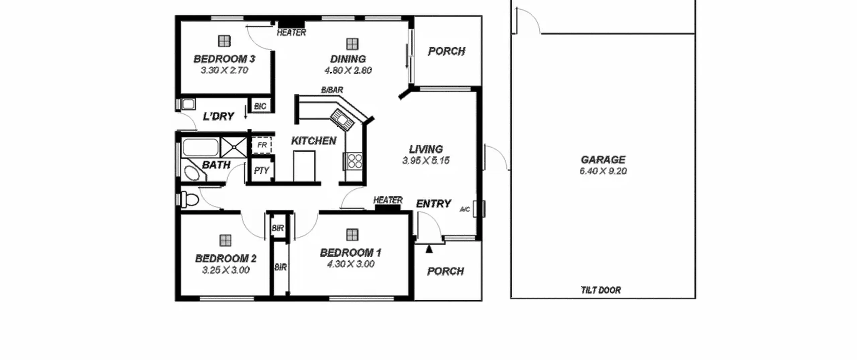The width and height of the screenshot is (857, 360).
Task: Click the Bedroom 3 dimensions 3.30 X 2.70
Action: pos(224,70)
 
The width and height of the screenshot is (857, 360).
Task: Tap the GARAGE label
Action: pos(603,159)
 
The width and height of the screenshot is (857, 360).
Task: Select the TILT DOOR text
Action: pos(601,290)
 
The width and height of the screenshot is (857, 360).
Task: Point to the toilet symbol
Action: pos(189,199)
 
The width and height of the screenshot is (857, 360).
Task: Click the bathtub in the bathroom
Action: pos(201,147)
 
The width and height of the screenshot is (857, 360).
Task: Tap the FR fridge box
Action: pos(261,145)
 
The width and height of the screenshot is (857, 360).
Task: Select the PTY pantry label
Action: pos(261,171)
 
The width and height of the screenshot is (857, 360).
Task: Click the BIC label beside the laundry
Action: pos(260,106)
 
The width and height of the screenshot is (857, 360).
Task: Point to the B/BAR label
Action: pos(332,90)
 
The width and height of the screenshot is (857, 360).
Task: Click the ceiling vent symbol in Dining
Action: pos(352,44)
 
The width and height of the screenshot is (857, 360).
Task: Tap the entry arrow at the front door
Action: pos(429,249)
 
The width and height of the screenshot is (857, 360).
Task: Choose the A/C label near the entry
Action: pos(465,210)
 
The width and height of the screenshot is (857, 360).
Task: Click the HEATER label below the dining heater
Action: pos(291,32)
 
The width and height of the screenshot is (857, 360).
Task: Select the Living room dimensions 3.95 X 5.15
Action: pos(426,161)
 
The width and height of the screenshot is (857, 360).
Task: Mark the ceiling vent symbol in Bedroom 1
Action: pos(352,235)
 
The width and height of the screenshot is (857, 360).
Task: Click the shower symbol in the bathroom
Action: pos(234,147)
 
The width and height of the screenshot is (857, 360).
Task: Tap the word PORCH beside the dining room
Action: pos(447,51)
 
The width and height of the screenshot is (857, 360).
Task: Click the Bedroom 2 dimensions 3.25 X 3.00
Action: pos(226,270)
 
